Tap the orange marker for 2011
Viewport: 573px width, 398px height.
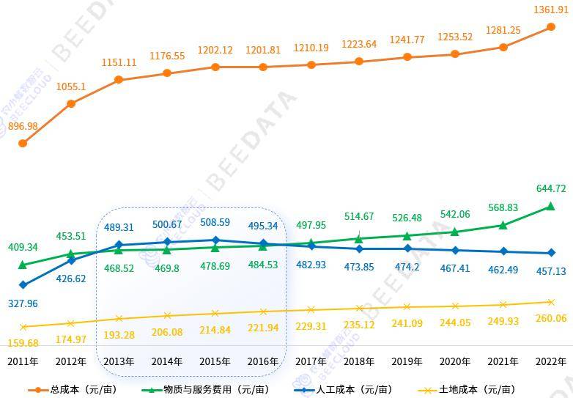tap(23, 143)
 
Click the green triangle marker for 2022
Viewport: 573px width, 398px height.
tap(551, 207)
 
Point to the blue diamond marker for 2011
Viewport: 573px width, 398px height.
tap(23, 284)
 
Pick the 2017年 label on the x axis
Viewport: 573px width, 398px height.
tap(311, 361)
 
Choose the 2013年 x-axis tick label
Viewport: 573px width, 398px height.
tap(119, 361)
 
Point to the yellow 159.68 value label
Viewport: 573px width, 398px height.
tap(23, 342)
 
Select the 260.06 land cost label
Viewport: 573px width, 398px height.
tap(551, 318)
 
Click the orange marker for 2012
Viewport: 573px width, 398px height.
tap(71, 103)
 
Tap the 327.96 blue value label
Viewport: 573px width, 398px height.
tap(23, 303)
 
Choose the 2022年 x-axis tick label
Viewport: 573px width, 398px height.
tap(551, 361)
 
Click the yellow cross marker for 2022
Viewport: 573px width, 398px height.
tap(551, 301)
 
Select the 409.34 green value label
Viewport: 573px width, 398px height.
tap(23, 247)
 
